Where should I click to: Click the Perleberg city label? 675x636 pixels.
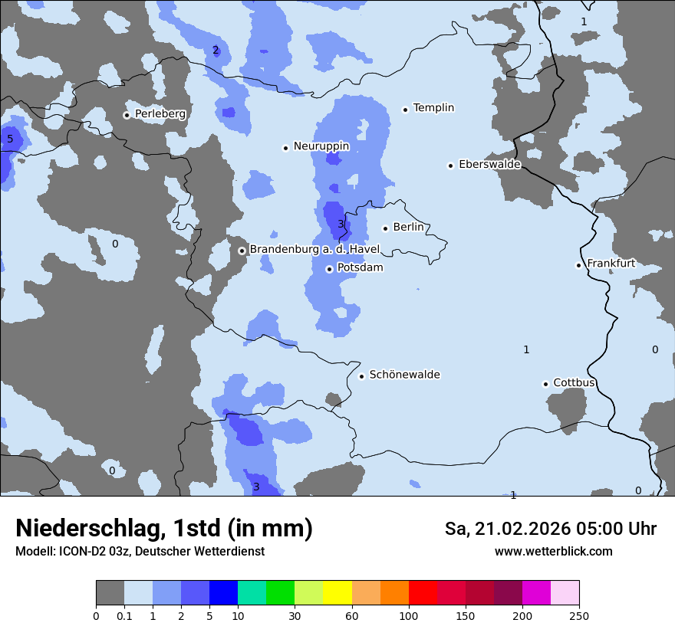(x=160, y=114)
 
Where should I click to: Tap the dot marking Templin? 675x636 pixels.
(x=405, y=110)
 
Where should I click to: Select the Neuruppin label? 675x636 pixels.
(x=321, y=146)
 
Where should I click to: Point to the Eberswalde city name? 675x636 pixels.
(x=489, y=165)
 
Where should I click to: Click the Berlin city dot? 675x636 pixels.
(x=385, y=228)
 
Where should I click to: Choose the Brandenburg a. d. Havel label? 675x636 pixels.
(x=314, y=250)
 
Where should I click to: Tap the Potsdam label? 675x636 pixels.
(x=360, y=268)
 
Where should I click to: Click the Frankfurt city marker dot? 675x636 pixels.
(x=578, y=265)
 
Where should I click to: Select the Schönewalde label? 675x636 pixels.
(x=404, y=375)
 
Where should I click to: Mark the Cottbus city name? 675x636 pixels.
(x=574, y=383)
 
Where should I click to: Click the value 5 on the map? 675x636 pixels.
(x=10, y=139)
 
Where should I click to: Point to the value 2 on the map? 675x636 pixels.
(x=216, y=51)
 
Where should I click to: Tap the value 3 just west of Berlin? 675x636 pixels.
(x=341, y=224)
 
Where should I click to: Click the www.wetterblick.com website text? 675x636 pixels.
(x=553, y=551)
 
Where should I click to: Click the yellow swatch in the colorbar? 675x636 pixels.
(x=337, y=593)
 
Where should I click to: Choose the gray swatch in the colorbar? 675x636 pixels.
(x=110, y=593)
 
